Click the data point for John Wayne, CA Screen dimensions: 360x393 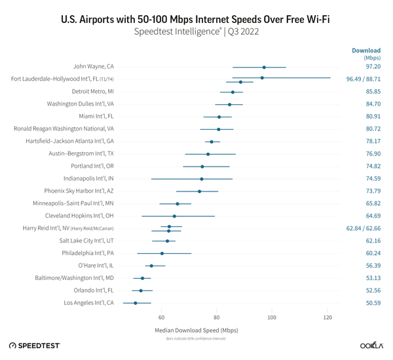pos(264,67)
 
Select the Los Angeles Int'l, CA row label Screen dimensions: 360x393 pos(89,303)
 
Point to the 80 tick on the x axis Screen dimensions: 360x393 pos(217,317)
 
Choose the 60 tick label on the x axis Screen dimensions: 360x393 pos(161,317)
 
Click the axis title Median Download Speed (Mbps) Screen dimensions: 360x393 pos(196,330)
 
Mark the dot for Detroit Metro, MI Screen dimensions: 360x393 pos(233,92)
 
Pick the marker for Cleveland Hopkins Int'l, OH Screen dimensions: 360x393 pos(174,216)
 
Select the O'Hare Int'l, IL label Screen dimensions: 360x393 pos(96,266)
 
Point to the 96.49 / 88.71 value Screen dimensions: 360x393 pos(364,79)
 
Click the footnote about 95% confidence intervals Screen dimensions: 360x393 pos(196,338)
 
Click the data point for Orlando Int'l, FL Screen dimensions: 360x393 pos(140,290)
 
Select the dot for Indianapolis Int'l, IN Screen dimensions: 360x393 pos(202,178)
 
